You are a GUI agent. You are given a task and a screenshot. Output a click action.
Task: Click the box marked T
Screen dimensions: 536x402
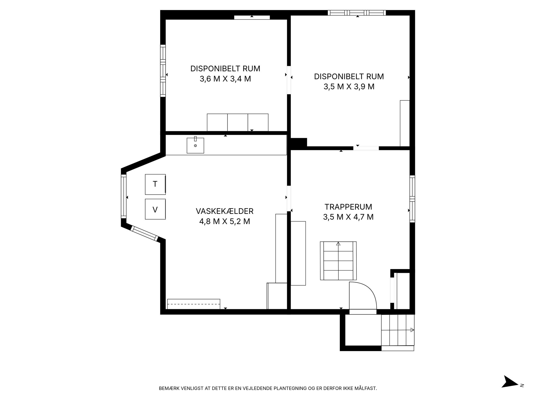point(155,184)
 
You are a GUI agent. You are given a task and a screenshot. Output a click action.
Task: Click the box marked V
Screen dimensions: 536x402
point(155,209)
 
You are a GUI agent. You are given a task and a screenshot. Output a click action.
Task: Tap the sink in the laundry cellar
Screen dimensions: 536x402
point(195,145)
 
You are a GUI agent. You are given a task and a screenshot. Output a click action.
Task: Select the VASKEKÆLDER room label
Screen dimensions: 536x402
point(225,211)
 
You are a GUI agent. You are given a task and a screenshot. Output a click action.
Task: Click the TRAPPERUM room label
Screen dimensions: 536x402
point(348,207)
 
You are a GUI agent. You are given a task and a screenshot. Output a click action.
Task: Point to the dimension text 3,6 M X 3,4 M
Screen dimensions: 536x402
point(225,79)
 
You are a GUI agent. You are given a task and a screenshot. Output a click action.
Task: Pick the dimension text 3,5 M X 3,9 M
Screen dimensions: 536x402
point(349,87)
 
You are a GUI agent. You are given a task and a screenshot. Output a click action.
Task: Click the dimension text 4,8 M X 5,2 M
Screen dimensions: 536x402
point(225,222)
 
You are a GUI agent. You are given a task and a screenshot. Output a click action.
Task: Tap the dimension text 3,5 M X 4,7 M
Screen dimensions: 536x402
point(348,217)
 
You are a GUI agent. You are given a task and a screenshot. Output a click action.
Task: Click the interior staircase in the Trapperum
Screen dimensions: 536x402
point(338,261)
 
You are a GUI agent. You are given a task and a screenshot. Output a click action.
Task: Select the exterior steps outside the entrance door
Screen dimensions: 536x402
point(398,333)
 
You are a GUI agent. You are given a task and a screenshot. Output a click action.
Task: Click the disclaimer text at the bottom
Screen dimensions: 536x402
point(268,388)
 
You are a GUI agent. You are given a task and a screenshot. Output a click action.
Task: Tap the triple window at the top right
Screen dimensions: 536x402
point(357,13)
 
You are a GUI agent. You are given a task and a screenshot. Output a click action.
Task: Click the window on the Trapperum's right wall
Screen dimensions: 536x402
point(412,199)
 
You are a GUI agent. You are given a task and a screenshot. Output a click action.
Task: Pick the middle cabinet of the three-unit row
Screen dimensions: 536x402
point(238,122)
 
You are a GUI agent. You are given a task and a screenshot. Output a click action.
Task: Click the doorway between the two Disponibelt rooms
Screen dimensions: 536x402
point(289,80)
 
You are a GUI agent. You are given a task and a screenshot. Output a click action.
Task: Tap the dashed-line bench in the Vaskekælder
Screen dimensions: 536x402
point(193,304)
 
